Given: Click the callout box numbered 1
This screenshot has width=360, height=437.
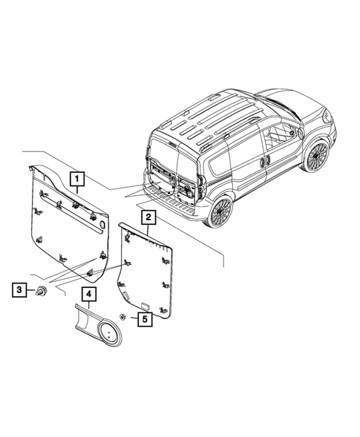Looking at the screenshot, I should [77, 179].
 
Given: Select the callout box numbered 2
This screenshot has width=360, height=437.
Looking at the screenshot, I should [148, 217].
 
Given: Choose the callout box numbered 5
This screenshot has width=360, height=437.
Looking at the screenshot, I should [143, 320].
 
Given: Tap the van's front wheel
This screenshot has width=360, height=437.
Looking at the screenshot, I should [316, 157].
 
